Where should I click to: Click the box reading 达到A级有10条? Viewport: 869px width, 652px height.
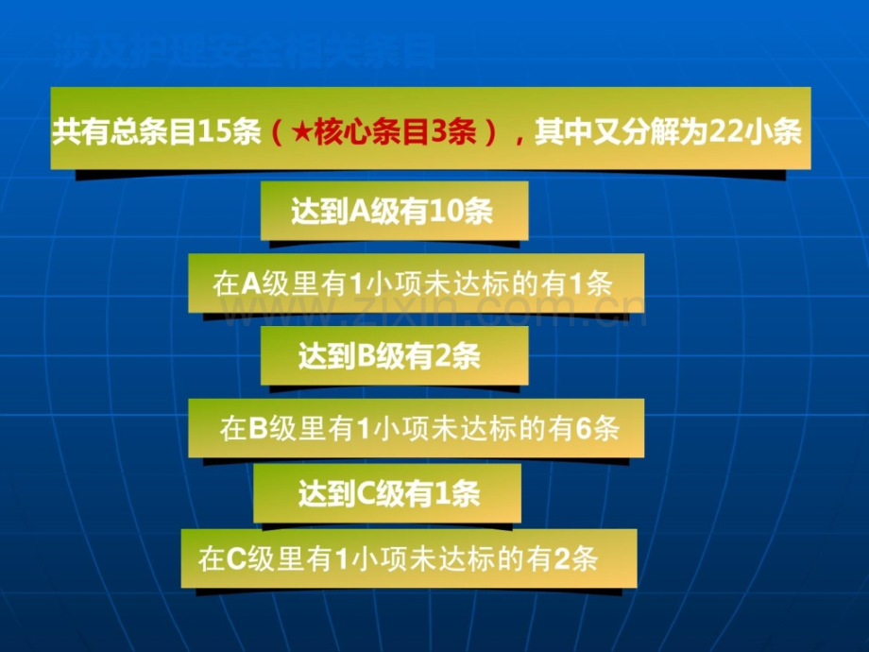pyautogui.click(x=394, y=212)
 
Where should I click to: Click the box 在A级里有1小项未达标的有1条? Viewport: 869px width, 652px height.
pyautogui.click(x=416, y=283)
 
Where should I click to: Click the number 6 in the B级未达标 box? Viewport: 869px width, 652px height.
pyautogui.click(x=583, y=428)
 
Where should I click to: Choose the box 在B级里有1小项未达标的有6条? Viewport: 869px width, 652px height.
pyautogui.click(x=417, y=428)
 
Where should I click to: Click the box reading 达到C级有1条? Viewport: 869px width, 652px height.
pyautogui.click(x=387, y=493)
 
